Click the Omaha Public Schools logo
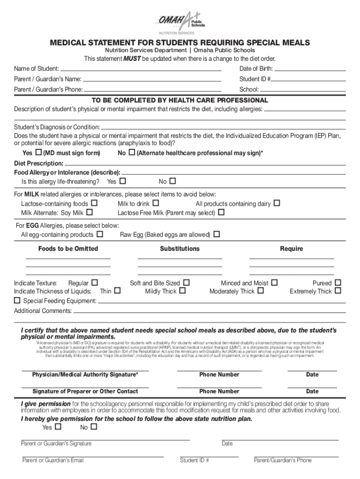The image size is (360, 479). [180, 22]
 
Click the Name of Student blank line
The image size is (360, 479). [141, 69]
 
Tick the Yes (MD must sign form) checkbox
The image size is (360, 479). [38, 153]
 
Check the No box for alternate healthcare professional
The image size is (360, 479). [132, 153]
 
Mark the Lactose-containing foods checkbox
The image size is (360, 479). [94, 203]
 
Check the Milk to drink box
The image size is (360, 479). [156, 203]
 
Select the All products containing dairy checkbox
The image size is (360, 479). [277, 203]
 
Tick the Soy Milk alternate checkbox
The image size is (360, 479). [89, 212]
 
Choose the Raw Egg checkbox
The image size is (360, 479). [216, 234]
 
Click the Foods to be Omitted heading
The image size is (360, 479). [68, 249]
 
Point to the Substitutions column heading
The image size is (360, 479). [180, 249]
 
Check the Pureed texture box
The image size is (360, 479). [338, 283]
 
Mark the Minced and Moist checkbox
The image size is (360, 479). [274, 283]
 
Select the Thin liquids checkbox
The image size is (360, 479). [117, 291]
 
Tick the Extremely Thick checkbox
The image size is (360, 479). [338, 291]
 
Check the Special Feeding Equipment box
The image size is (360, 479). [17, 300]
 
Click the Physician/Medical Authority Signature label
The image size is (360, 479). [85, 375]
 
